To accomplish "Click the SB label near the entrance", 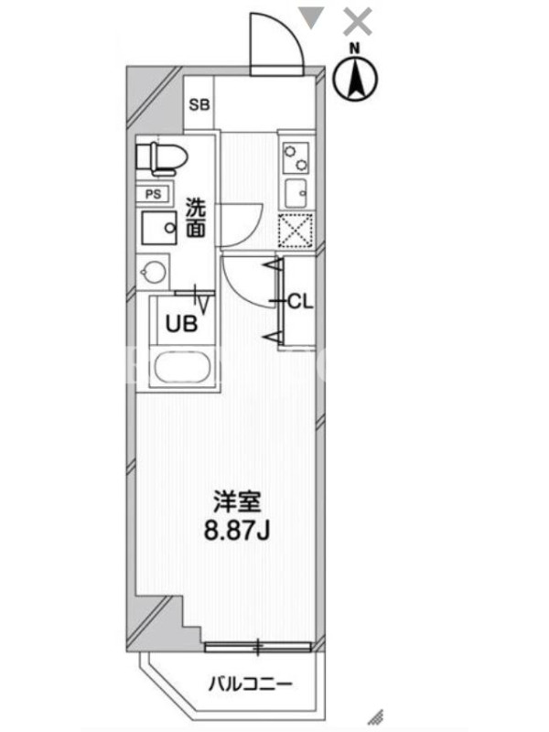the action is coord(199,104).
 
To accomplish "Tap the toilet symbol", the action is coord(161,159).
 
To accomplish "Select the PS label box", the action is coord(154,194).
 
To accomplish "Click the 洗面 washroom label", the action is coord(196,218).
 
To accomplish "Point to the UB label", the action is coord(181,324).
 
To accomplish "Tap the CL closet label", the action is coord(300,302).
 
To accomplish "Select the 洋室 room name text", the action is coord(237,501).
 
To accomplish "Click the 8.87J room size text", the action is coord(237,530).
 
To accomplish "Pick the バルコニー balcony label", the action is coord(250,684).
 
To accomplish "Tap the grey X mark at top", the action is coord(358,23).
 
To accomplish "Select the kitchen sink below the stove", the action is coord(296,193).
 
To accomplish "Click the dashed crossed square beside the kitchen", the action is coord(296,231).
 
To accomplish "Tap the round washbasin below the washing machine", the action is coord(153,271).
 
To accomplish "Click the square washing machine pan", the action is coord(159,228).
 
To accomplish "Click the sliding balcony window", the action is coord(258,647).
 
